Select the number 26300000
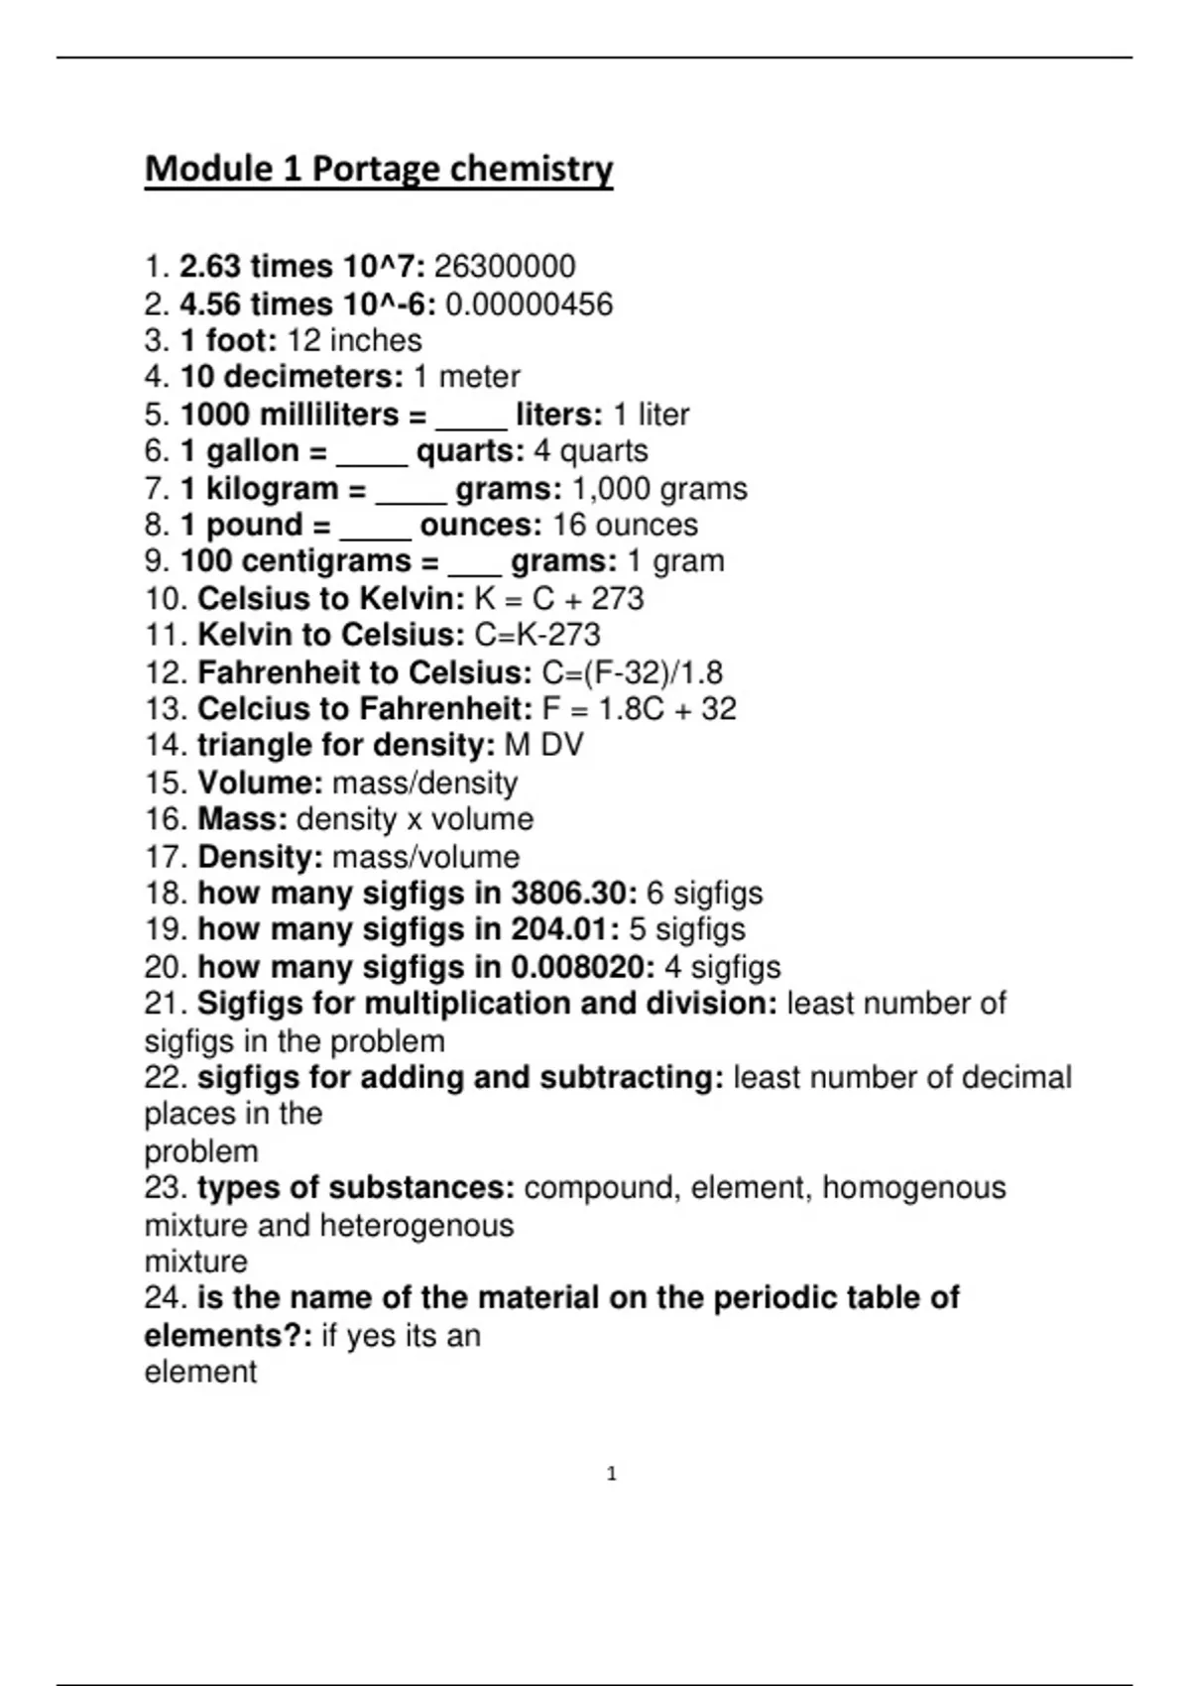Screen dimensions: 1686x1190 [505, 267]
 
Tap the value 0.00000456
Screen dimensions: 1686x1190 [529, 304]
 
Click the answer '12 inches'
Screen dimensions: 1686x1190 [354, 341]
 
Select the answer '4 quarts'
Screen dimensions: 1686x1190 [591, 451]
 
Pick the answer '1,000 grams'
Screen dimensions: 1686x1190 [659, 489]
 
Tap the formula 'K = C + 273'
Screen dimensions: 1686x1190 [559, 599]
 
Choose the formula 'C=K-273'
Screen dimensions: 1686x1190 [537, 635]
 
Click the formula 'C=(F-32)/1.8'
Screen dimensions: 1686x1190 [633, 673]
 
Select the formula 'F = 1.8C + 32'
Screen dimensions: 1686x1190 [640, 709]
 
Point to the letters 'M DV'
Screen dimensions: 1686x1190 [543, 745]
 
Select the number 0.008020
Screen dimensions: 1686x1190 [582, 967]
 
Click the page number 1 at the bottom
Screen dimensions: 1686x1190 [611, 1474]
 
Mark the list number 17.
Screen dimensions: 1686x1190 [165, 857]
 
